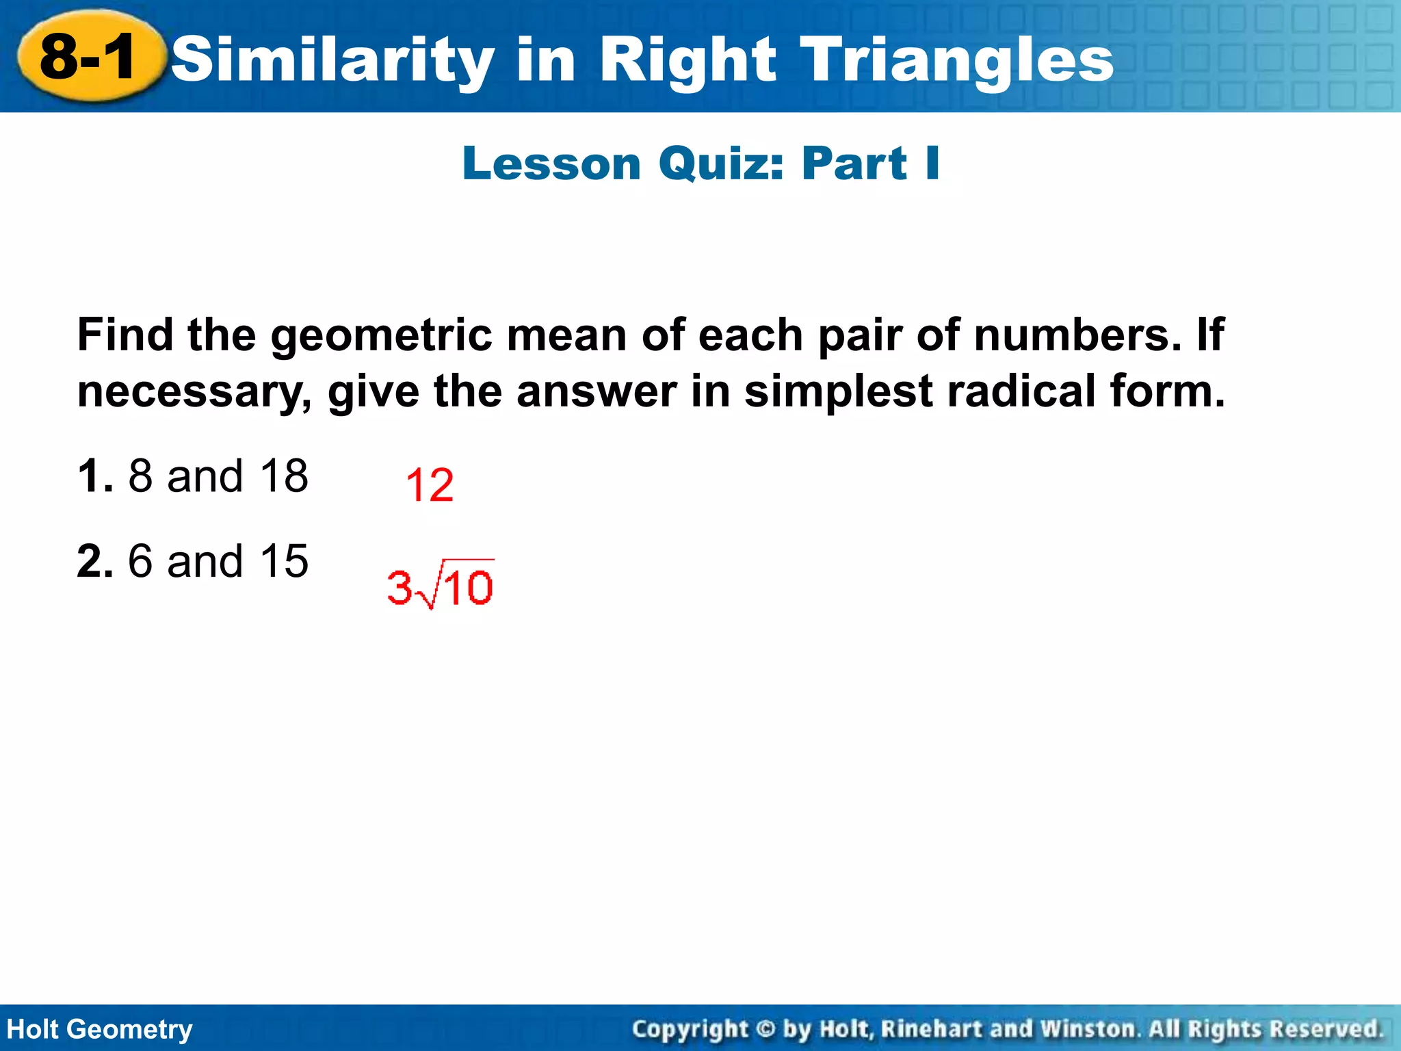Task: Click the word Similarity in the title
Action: [332, 60]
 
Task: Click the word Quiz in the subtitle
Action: [721, 164]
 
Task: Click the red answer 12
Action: [429, 485]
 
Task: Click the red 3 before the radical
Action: [400, 587]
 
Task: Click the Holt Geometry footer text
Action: [100, 1029]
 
